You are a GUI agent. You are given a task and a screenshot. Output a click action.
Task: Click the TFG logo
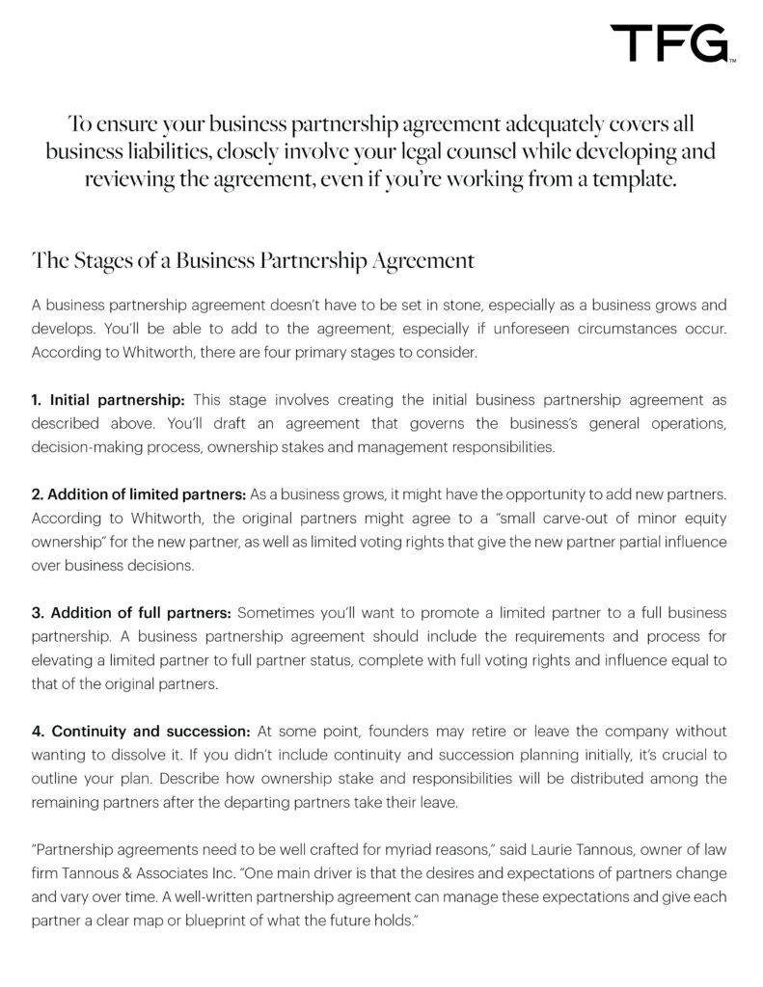[673, 43]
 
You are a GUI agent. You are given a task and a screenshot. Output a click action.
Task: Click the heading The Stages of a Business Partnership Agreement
[253, 260]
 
